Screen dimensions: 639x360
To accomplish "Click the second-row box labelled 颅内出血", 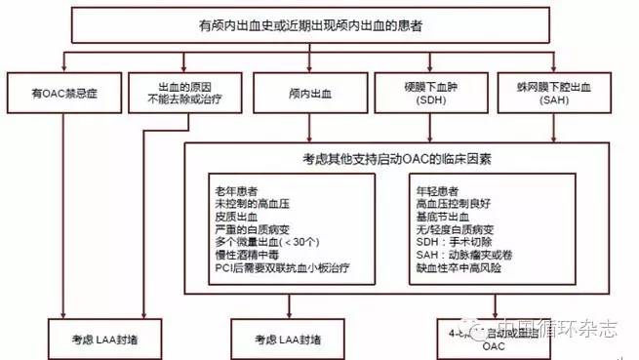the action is (x=310, y=95).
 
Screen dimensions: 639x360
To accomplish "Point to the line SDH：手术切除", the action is (x=458, y=241).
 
